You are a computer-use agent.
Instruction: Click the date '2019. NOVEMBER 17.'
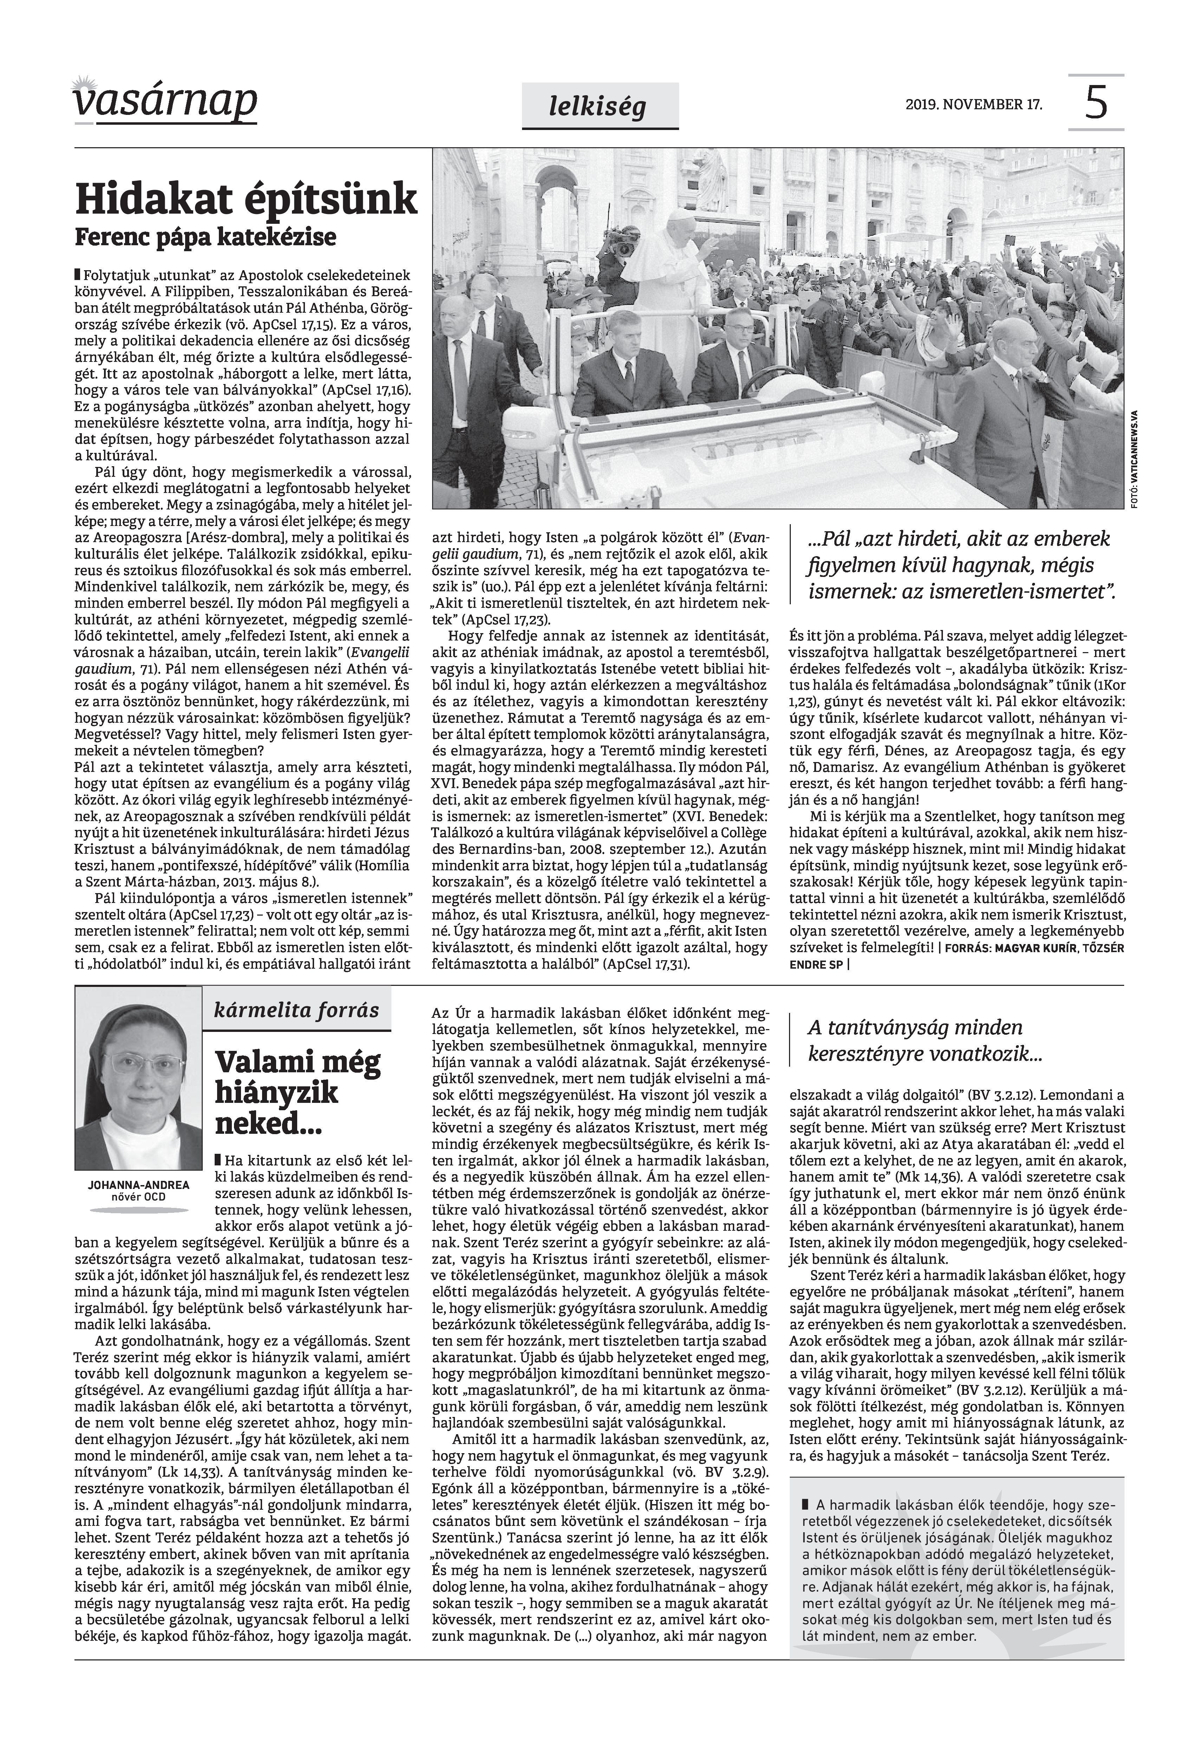click(975, 104)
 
